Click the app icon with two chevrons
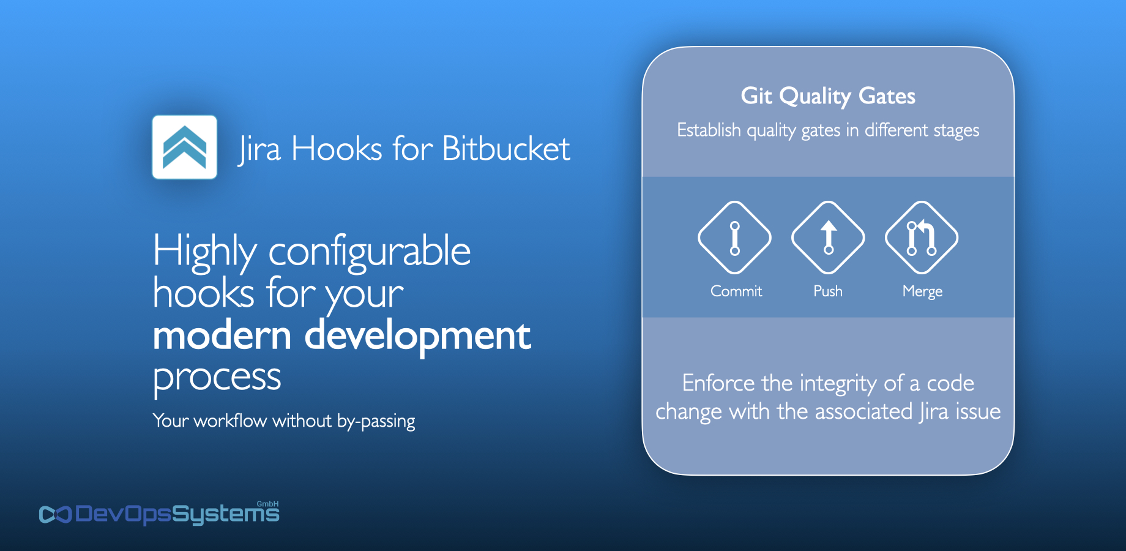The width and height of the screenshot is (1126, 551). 184,147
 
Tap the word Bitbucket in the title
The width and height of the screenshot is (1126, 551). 505,149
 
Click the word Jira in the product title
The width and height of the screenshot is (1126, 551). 259,149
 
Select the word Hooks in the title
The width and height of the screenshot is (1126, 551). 337,149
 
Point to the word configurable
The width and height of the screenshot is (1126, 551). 369,251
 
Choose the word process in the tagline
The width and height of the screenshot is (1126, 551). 217,377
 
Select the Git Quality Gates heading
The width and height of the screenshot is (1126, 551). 828,96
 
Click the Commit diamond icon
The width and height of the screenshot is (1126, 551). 734,238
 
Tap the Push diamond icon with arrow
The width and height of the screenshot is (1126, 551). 828,238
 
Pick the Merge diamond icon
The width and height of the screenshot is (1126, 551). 922,238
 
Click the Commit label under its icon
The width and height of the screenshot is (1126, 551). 736,291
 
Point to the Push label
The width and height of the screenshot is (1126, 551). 828,291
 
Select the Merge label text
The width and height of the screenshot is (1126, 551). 922,291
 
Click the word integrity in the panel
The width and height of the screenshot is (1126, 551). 838,383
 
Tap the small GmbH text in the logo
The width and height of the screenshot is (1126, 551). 267,504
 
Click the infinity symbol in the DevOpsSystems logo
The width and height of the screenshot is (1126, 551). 55,514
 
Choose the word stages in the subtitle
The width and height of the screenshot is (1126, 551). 956,130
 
